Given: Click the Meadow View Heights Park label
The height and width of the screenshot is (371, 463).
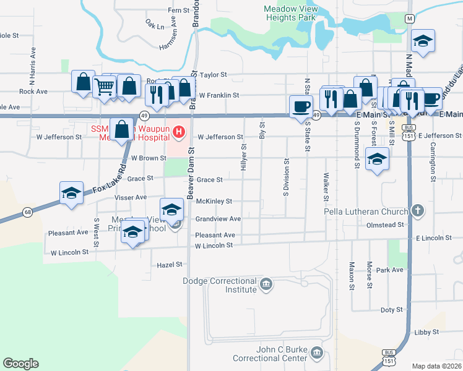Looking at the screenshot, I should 289,14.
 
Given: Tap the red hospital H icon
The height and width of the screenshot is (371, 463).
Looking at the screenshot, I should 179,131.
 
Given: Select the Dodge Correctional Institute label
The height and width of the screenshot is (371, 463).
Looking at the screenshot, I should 220,285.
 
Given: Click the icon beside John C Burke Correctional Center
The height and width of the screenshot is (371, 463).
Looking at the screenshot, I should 317,353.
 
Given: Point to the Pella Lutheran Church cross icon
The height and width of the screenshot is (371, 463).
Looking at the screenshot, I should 418,211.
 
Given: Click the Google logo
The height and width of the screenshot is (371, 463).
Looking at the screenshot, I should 20,364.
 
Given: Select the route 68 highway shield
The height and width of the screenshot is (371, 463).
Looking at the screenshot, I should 28,213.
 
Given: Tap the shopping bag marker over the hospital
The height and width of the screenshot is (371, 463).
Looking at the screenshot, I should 122,129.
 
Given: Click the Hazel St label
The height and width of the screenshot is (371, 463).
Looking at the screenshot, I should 171,264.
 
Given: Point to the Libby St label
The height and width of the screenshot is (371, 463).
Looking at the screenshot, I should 426,332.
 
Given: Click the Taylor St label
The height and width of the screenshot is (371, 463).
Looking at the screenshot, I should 214,75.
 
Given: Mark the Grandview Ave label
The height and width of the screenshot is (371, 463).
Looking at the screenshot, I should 218,219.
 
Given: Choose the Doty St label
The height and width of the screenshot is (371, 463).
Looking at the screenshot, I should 391,309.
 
